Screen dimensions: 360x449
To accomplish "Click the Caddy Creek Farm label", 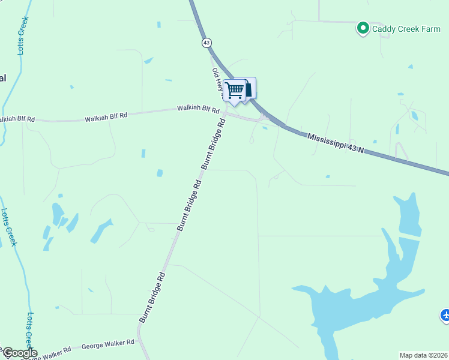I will [406, 29].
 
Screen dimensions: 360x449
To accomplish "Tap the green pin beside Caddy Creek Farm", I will [363, 28].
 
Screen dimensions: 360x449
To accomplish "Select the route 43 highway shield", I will [206, 43].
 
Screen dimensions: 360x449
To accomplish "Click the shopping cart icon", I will [235, 90].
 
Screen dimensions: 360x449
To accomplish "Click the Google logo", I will [20, 353].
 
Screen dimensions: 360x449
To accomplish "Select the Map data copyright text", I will [424, 355].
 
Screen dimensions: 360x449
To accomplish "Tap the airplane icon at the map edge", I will [445, 314].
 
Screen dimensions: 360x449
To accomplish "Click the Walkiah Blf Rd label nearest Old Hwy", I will [199, 109].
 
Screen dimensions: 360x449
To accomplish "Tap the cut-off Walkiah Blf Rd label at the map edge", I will [17, 119].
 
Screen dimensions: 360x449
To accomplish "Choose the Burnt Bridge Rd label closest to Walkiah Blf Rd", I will [213, 143].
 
